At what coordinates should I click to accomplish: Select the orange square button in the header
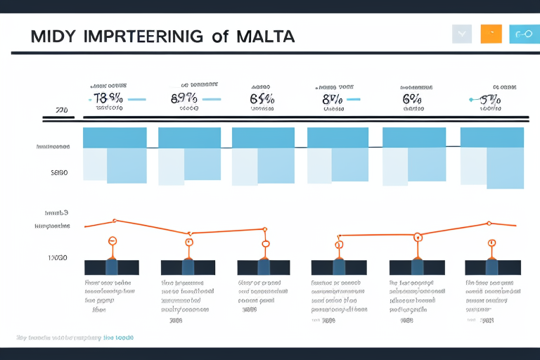pos(491,34)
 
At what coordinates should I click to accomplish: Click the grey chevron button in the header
pos(462,34)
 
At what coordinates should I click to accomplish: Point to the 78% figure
pos(108,99)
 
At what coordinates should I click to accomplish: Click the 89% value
pos(184,99)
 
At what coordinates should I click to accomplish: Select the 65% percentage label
pos(262,99)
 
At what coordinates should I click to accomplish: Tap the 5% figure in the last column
pos(489,99)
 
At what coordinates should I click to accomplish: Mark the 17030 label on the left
pos(58,258)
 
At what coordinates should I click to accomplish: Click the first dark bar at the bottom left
pos(111,267)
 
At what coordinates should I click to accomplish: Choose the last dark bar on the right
pos(492,267)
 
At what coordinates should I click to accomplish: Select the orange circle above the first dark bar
pos(111,240)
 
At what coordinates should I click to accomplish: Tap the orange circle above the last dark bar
pos(491,243)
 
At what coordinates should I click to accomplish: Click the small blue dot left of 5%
pos(469,101)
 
